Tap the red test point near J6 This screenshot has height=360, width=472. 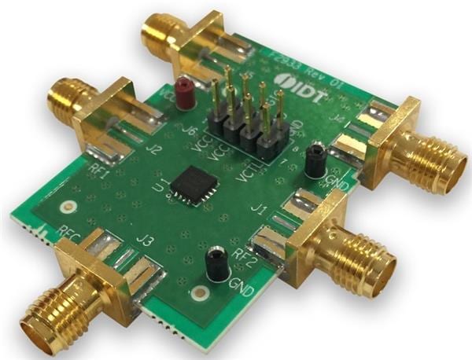[x=184, y=92]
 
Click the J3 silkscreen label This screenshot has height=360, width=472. [x=143, y=241]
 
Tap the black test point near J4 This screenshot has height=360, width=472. [x=316, y=157]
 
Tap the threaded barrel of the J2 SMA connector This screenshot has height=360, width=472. [x=62, y=99]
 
